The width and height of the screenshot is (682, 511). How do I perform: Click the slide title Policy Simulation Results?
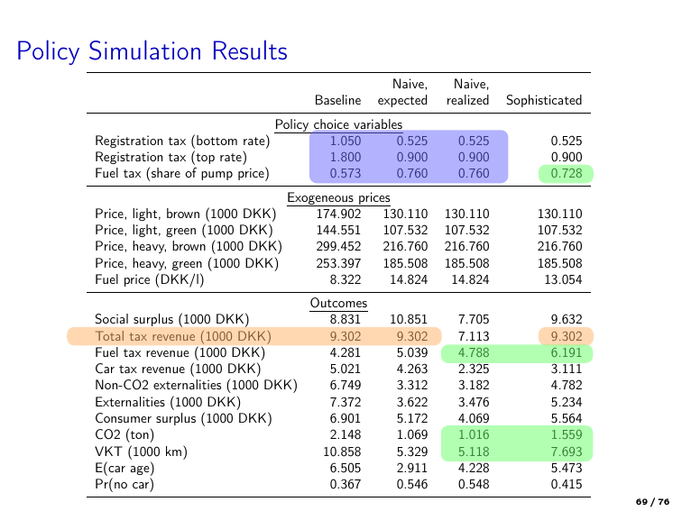point(152,51)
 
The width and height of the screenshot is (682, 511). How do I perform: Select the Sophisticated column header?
point(544,101)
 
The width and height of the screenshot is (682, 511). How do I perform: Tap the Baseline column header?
point(337,101)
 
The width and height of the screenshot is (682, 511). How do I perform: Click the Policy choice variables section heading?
point(338,124)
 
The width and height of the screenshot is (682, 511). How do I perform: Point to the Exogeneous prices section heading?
point(338,197)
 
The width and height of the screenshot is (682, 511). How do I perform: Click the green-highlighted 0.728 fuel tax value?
point(566,173)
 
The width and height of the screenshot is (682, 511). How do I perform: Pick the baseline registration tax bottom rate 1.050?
point(345,141)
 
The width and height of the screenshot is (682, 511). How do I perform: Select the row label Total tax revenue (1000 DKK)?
point(182,335)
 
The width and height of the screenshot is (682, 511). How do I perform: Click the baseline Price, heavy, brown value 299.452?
point(338,247)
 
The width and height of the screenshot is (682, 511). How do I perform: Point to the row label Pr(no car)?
point(124,485)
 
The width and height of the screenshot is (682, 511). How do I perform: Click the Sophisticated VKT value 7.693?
point(566,452)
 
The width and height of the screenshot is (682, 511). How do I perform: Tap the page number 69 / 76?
point(653,498)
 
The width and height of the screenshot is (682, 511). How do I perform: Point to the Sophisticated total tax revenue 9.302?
point(566,335)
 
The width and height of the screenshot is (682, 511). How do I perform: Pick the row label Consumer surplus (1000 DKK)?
point(183,419)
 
